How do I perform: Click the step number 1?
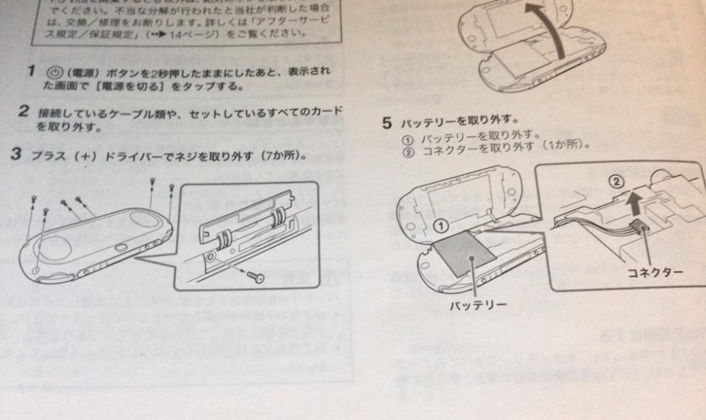coord(30,70)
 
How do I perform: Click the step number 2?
coord(23,112)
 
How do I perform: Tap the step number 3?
coord(16,155)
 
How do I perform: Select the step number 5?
coord(388,121)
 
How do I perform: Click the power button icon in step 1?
coord(53,73)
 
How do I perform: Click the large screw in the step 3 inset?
coord(255,275)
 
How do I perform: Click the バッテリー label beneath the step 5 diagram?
coord(478,305)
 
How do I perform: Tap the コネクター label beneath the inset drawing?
coord(655,271)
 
